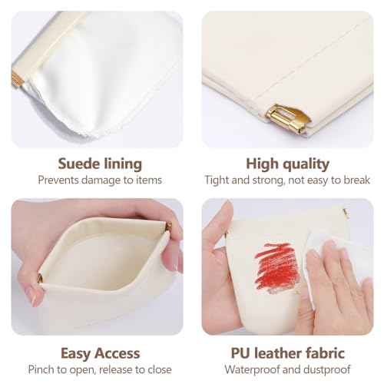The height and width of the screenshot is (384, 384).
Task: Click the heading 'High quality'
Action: click(x=288, y=163)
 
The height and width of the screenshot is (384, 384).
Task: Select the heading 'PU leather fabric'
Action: click(x=288, y=353)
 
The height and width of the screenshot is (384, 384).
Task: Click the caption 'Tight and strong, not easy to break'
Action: click(x=288, y=180)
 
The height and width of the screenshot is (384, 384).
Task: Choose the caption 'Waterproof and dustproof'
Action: click(x=288, y=371)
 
